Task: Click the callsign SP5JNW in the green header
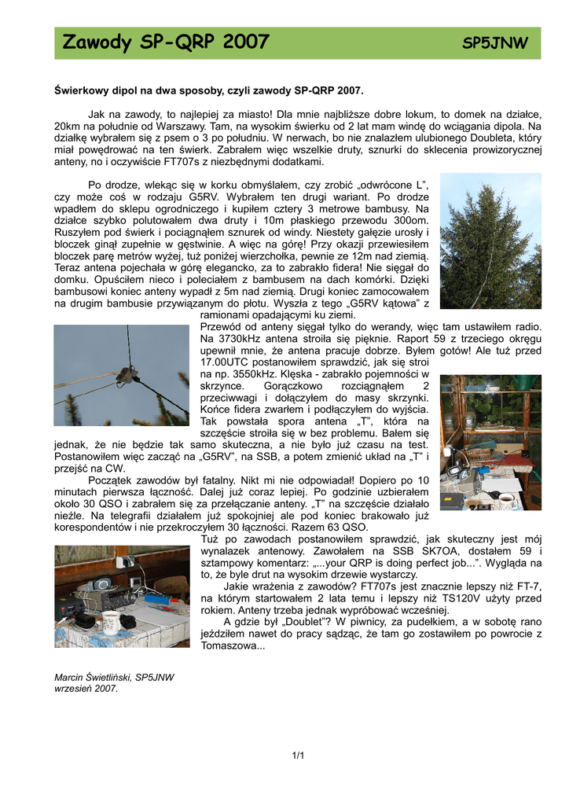(x=494, y=43)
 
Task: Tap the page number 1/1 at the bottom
(x=298, y=756)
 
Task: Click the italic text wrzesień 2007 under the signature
(x=86, y=689)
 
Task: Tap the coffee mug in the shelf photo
(x=506, y=499)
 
